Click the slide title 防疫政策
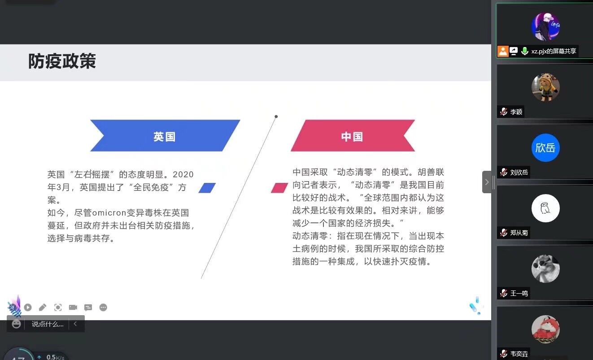pyautogui.click(x=62, y=61)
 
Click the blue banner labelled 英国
pyautogui.click(x=165, y=136)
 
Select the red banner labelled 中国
pyautogui.click(x=353, y=136)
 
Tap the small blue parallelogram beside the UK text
pyautogui.click(x=207, y=188)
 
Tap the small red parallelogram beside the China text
pyautogui.click(x=279, y=188)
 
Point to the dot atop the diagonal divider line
pyautogui.click(x=276, y=117)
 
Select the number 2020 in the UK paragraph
pyautogui.click(x=183, y=174)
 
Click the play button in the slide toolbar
pyautogui.click(x=28, y=308)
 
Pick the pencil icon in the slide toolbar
pyautogui.click(x=43, y=308)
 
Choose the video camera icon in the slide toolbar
pyautogui.click(x=73, y=308)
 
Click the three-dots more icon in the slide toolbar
pyautogui.click(x=103, y=308)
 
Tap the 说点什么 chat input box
pyautogui.click(x=48, y=324)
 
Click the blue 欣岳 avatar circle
pyautogui.click(x=545, y=147)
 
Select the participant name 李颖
pyautogui.click(x=516, y=112)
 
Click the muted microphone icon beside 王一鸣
pyautogui.click(x=504, y=293)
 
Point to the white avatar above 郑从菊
pyautogui.click(x=545, y=208)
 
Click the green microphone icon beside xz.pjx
pyautogui.click(x=524, y=51)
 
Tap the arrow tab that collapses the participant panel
pyautogui.click(x=487, y=182)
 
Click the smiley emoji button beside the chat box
pyautogui.click(x=16, y=324)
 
